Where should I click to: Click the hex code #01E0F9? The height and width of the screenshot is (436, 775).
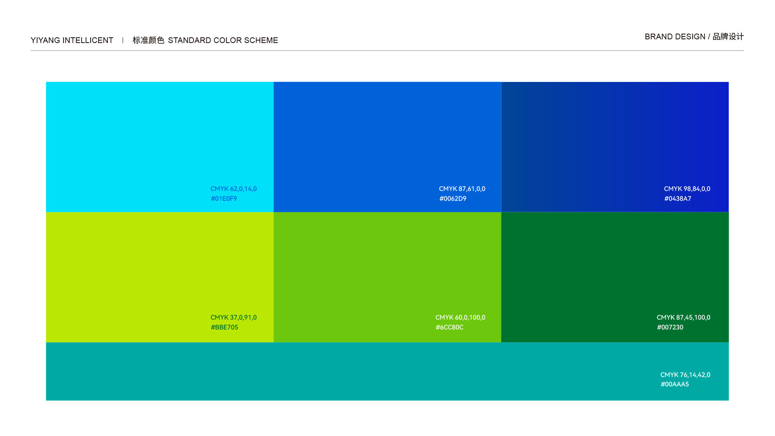click(x=224, y=199)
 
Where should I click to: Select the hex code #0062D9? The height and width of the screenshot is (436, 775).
click(x=453, y=199)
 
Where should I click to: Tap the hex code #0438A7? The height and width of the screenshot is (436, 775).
click(x=677, y=199)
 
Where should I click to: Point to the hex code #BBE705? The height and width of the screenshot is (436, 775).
click(x=224, y=327)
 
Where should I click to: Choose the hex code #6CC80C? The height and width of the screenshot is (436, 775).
click(x=449, y=327)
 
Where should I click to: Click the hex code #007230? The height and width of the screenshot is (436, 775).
click(x=670, y=327)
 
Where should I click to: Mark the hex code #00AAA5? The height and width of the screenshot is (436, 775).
click(x=675, y=384)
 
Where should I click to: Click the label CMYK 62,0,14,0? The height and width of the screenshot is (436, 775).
click(x=234, y=189)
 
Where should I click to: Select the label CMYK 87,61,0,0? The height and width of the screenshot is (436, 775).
click(x=462, y=189)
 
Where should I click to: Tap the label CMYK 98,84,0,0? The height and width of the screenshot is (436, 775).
click(x=687, y=189)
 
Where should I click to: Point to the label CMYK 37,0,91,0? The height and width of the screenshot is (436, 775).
click(x=234, y=318)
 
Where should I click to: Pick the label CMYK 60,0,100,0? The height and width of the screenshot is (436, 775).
click(x=460, y=318)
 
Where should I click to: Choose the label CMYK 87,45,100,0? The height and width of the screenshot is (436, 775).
click(x=684, y=318)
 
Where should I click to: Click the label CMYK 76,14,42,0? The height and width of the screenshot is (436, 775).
click(x=685, y=375)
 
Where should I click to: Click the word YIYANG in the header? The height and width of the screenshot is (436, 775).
click(x=46, y=40)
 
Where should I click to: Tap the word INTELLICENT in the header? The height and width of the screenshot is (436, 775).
click(x=88, y=40)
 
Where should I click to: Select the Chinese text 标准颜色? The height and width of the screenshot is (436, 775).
click(x=148, y=40)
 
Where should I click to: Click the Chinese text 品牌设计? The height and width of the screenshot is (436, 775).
click(x=728, y=36)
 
